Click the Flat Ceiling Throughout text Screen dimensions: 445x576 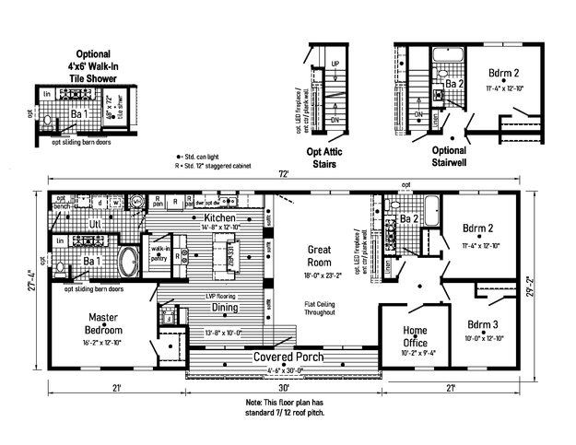[320, 309]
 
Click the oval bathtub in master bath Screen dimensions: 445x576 [131, 258]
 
